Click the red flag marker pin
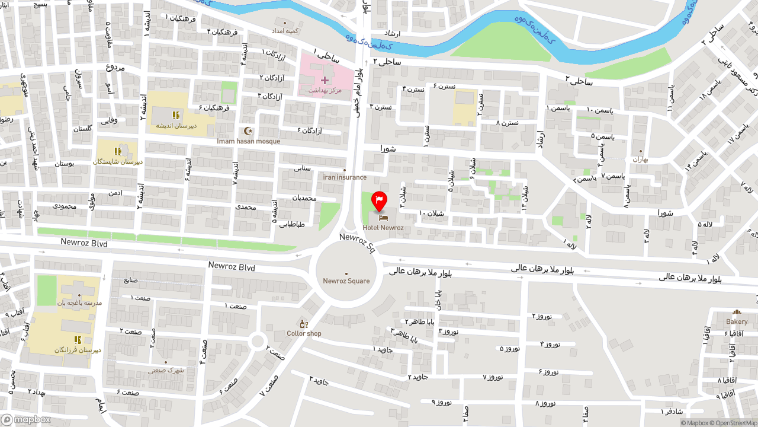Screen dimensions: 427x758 (379, 201)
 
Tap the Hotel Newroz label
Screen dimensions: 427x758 (383, 228)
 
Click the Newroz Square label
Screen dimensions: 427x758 (346, 281)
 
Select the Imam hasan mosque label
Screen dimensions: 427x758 (248, 141)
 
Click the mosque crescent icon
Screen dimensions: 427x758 (248, 130)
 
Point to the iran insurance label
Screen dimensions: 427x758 (345, 177)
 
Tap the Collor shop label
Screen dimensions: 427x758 (304, 333)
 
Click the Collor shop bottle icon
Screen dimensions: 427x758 (304, 324)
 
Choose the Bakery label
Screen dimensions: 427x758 (737, 321)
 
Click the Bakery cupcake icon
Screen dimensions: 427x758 (737, 312)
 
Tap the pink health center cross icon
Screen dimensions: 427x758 (325, 80)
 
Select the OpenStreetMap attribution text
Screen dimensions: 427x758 (737, 423)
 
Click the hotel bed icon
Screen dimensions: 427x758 (383, 218)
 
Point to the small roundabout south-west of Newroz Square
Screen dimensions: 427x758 (257, 341)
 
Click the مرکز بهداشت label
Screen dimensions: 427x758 (325, 90)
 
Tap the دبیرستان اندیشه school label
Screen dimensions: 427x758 (176, 126)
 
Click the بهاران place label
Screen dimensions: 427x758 (641, 159)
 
